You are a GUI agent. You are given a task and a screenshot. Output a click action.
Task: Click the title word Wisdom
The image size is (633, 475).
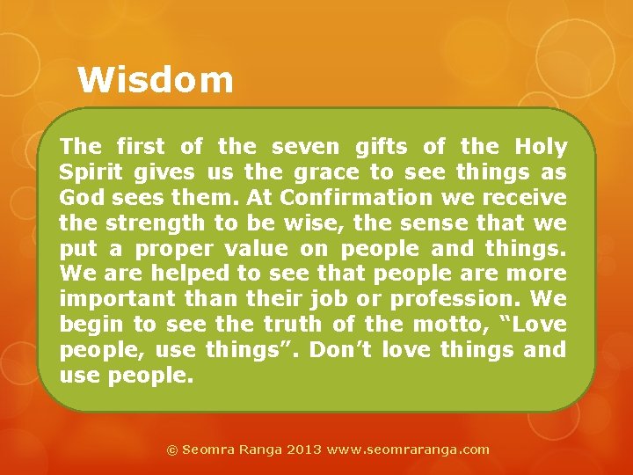coord(156,80)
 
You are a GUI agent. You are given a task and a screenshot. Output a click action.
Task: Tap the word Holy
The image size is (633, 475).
coord(541,147)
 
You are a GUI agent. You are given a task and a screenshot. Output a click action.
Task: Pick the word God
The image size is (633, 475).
coord(78,198)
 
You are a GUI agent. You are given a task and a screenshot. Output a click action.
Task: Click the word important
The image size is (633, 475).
coord(117,300)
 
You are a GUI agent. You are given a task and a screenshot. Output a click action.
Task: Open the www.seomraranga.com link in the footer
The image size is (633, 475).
coord(408,449)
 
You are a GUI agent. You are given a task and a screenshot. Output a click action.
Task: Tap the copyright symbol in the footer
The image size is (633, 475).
coord(172,449)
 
